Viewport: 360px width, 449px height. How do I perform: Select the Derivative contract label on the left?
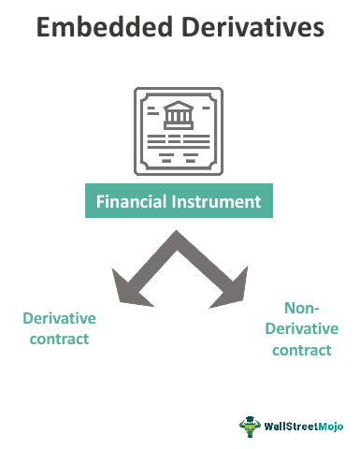point(60,328)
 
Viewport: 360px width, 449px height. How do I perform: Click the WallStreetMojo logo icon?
point(250,426)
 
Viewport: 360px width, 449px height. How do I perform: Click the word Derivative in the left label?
point(60,318)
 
